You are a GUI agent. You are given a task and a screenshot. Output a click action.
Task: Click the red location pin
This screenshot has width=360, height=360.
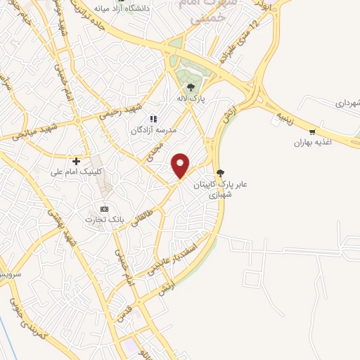[181, 165]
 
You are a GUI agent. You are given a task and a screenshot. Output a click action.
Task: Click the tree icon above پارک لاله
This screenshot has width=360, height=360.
[191, 87]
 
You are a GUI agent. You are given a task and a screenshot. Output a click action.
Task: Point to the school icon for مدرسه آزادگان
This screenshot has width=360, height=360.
[154, 119]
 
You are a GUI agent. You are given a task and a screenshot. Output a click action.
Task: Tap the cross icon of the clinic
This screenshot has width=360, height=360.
[77, 161]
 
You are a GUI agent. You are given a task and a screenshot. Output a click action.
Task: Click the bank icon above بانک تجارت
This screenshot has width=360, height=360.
[104, 209]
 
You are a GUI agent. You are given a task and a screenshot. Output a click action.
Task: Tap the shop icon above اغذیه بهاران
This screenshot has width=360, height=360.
[312, 131]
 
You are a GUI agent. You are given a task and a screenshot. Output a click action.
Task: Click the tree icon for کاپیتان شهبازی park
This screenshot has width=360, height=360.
[221, 172]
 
